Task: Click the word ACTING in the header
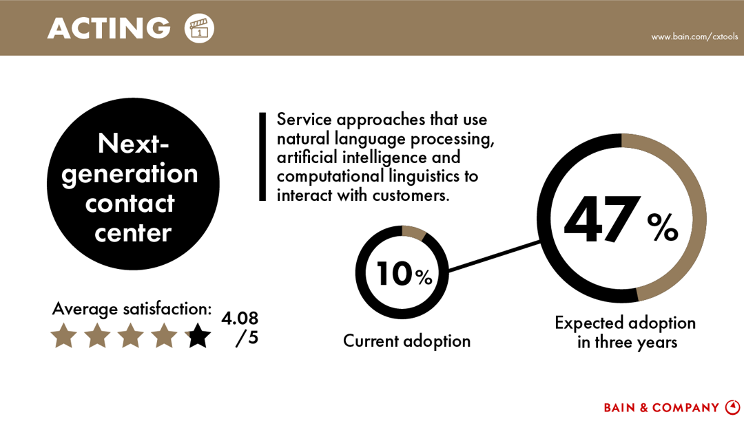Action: (109, 28)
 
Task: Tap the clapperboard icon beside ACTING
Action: (200, 28)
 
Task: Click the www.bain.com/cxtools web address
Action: (694, 36)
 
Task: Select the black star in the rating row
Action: (198, 336)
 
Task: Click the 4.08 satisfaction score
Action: (240, 319)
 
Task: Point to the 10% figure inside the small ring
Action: (403, 274)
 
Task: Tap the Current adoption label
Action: (406, 341)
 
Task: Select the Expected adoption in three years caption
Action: (626, 332)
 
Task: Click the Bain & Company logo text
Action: (661, 408)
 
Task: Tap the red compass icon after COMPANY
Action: (732, 407)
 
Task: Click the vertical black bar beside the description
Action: (262, 157)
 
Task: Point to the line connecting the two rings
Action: (493, 256)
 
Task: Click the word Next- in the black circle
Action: (133, 144)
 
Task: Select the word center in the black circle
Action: (133, 233)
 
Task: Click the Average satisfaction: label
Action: (132, 309)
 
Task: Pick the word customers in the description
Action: (411, 195)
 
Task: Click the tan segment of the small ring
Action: (414, 233)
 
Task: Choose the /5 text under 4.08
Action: (247, 338)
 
